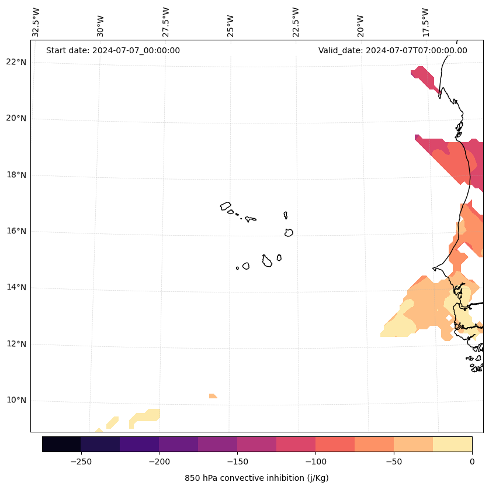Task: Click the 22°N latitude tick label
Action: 16,62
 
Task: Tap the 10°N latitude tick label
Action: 16,401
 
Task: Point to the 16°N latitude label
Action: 16,231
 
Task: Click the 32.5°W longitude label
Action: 36,22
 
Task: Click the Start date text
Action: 113,50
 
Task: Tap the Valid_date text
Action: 393,50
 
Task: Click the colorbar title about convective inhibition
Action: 256,478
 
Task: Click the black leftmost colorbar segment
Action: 61,444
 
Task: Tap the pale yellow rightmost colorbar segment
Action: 452,444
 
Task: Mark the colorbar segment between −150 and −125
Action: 256,444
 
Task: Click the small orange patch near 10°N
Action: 213,396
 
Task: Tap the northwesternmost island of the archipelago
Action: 226,206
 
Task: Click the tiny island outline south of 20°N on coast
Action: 459,135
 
